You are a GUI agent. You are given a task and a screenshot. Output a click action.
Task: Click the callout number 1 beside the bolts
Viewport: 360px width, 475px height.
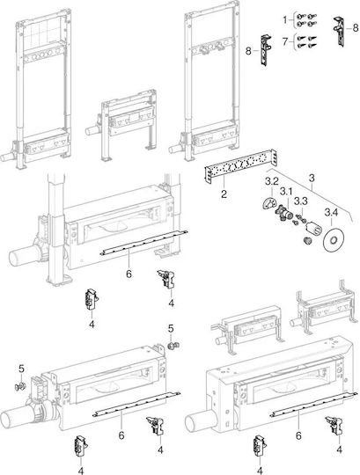(x=285, y=20)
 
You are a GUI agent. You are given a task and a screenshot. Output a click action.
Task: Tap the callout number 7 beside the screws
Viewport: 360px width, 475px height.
(x=285, y=40)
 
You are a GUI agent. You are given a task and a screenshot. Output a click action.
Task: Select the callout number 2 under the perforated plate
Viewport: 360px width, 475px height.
(x=224, y=194)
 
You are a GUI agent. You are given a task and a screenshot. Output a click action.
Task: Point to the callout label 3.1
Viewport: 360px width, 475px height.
(x=286, y=192)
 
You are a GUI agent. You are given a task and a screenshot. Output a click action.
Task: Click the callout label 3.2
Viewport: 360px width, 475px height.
(x=271, y=181)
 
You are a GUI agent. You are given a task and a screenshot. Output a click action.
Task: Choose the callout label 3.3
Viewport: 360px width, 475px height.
(x=301, y=201)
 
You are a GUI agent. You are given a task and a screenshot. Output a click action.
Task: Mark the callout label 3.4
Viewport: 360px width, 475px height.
(x=331, y=213)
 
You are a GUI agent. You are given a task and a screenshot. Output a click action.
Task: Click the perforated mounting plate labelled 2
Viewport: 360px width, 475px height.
(x=241, y=166)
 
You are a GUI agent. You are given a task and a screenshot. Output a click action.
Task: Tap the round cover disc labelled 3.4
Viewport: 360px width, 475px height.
(x=333, y=241)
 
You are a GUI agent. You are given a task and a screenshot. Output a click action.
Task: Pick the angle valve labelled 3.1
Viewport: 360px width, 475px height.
(x=283, y=214)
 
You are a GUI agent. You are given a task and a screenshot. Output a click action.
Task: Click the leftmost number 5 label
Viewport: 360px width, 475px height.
(x=21, y=369)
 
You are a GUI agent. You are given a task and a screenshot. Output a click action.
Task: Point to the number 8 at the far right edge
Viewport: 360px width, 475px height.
(x=356, y=28)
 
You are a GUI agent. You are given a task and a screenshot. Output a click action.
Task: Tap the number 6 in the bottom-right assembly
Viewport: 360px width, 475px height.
(x=298, y=435)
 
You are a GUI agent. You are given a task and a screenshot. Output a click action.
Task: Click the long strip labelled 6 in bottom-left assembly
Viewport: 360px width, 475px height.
(x=136, y=404)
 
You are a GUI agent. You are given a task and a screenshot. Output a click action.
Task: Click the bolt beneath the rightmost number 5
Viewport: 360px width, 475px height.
(x=174, y=345)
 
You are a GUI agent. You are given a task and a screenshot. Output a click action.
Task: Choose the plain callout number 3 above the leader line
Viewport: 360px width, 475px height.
(x=312, y=178)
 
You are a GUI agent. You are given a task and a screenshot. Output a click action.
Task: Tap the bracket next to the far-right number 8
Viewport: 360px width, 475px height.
(x=340, y=31)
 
